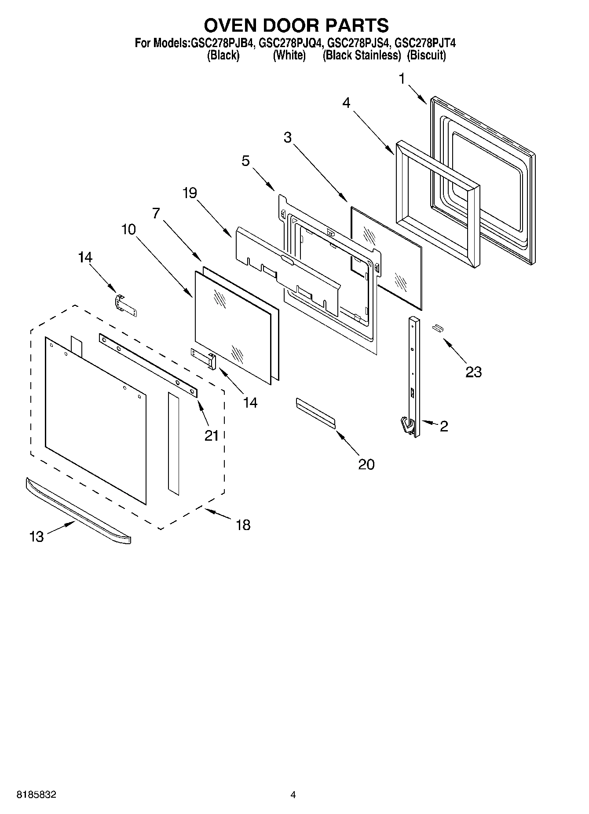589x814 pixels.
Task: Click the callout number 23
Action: [x=473, y=372]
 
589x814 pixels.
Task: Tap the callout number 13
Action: [x=37, y=537]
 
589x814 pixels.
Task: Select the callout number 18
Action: [x=243, y=525]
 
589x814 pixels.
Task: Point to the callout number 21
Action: [x=211, y=435]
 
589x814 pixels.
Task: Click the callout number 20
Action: [x=366, y=464]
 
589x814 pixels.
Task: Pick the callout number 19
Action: [x=190, y=193]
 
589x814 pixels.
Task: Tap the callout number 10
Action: [x=128, y=229]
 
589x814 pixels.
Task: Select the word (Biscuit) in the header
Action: [x=426, y=55]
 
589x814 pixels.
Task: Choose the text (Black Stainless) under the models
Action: [x=362, y=55]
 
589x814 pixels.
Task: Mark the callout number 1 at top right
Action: [x=402, y=79]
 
